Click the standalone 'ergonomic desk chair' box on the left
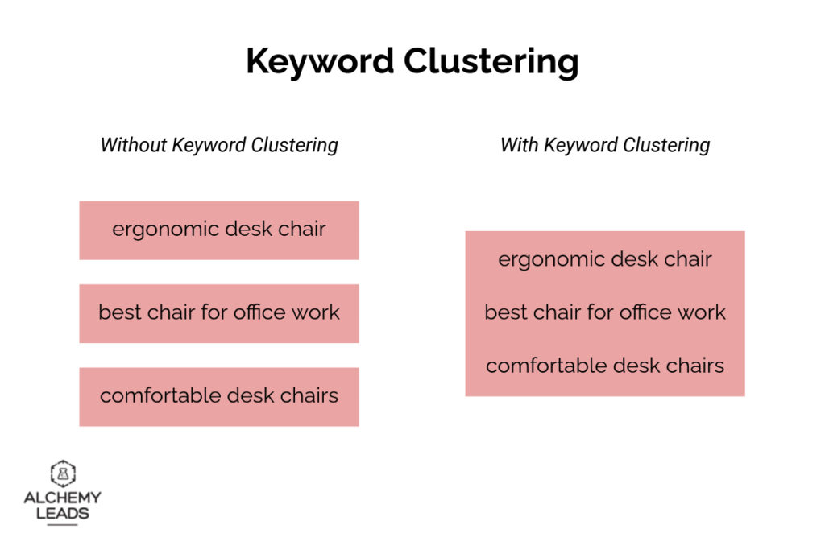click(218, 230)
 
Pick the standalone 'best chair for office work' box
click(218, 313)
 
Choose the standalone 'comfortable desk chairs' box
click(218, 397)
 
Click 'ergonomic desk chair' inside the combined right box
click(604, 259)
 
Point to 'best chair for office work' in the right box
click(604, 312)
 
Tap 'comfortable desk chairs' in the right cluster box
click(604, 366)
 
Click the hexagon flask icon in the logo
click(63, 473)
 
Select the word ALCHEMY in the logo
click(63, 498)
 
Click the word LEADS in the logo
click(63, 513)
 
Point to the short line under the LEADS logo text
click(63, 525)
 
